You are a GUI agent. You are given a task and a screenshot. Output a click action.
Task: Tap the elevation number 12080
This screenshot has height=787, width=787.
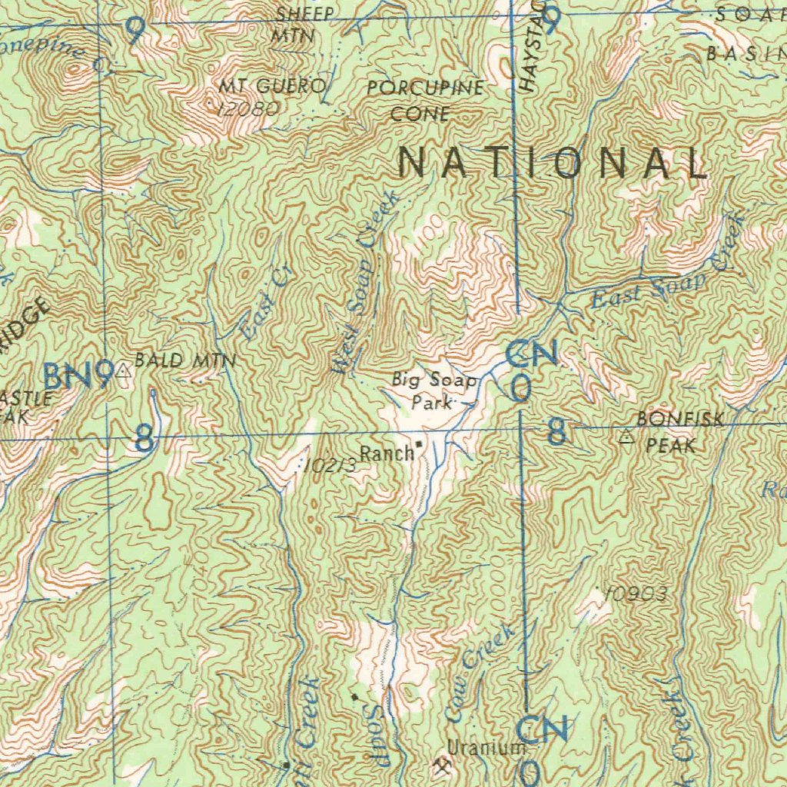[247, 109]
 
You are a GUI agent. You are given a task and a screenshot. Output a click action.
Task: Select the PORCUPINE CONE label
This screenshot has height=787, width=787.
[425, 101]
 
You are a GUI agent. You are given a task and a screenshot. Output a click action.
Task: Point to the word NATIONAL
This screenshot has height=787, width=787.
[552, 164]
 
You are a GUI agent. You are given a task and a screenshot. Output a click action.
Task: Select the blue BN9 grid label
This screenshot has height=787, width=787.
[78, 376]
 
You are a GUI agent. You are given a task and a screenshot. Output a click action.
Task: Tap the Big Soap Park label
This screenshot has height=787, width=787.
[434, 390]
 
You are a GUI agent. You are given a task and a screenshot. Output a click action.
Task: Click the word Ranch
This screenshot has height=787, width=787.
[387, 453]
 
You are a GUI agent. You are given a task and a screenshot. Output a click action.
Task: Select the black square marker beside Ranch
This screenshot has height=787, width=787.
[419, 444]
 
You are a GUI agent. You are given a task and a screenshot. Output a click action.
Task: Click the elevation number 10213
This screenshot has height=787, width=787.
[330, 466]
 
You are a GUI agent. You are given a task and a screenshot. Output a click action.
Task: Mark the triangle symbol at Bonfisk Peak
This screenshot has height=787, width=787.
[626, 437]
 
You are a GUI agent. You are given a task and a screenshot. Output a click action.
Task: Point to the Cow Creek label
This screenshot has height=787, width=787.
[480, 673]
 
